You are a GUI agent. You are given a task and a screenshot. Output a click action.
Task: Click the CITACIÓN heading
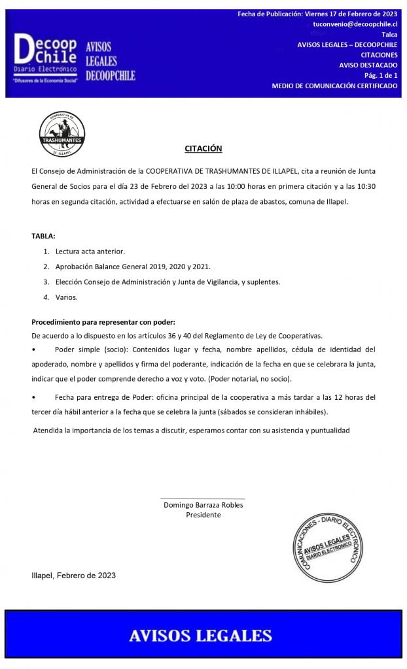pyautogui.click(x=203, y=149)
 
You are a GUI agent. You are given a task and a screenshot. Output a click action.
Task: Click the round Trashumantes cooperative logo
pyautogui.click(x=62, y=134)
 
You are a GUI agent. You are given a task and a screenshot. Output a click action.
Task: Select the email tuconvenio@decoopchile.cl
pyautogui.click(x=355, y=24)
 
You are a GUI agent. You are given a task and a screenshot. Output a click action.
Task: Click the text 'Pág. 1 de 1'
pyautogui.click(x=381, y=76)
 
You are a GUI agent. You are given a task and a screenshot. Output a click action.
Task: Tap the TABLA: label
pyautogui.click(x=43, y=235)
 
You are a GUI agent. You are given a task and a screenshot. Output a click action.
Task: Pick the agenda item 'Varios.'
pyautogui.click(x=66, y=297)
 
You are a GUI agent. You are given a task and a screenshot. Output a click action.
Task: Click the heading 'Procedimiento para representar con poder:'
pyautogui.click(x=103, y=322)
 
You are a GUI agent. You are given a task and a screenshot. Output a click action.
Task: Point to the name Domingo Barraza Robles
pyautogui.click(x=203, y=504)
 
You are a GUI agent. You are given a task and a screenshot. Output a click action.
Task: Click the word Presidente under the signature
pyautogui.click(x=203, y=515)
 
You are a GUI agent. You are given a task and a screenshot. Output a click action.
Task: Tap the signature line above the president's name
pyautogui.click(x=203, y=498)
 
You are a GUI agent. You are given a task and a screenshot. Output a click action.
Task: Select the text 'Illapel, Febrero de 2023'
pyautogui.click(x=74, y=576)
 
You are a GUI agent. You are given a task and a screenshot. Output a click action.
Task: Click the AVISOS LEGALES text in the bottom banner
pyautogui.click(x=200, y=635)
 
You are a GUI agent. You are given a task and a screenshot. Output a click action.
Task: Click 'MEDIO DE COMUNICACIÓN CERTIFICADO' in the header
pyautogui.click(x=334, y=86)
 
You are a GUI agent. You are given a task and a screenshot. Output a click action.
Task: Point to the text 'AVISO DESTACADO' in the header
pyautogui.click(x=368, y=65)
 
